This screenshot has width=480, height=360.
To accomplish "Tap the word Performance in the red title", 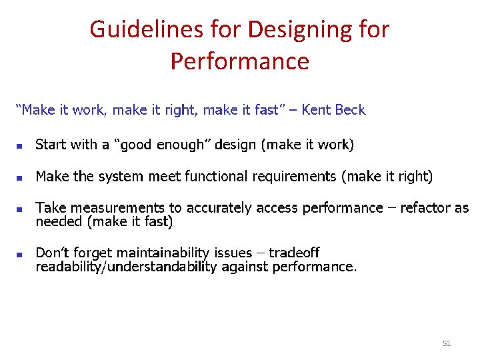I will (240, 61).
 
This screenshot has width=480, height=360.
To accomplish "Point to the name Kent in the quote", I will (317, 110).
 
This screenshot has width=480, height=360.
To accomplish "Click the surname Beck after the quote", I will (350, 110).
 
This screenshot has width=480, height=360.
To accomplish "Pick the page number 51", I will (447, 343).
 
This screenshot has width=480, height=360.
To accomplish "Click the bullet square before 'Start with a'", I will (20, 145).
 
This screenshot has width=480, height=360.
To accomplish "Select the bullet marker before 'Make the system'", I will (20, 178).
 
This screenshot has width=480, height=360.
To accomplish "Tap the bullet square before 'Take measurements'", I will (20, 209).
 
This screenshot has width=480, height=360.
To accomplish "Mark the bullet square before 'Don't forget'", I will (20, 254).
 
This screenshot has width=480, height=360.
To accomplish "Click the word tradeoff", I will (294, 253).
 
